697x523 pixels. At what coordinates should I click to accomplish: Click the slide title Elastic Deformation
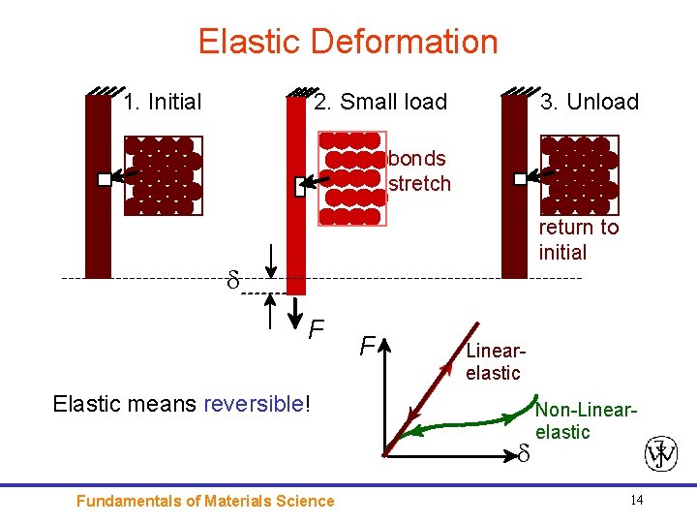[348, 42]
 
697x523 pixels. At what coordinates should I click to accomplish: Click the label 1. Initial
[163, 102]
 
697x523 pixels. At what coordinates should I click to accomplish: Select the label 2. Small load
[379, 102]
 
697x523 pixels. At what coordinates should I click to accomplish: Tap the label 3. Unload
[590, 102]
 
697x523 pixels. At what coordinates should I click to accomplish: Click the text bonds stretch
[418, 170]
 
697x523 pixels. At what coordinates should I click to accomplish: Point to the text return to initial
[578, 240]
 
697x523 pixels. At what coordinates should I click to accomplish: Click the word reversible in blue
[254, 404]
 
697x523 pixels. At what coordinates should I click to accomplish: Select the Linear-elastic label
[494, 361]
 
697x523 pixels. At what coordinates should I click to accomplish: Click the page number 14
[636, 500]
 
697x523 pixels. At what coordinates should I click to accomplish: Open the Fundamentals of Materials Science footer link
[205, 501]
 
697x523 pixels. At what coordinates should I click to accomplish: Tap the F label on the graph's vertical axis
[367, 346]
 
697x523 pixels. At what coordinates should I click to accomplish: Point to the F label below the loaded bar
[317, 332]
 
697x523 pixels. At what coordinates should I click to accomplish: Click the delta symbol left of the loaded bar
[232, 282]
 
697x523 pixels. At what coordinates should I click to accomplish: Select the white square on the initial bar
[105, 179]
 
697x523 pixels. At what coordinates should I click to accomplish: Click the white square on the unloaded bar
[520, 178]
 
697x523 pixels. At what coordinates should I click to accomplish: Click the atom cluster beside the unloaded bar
[577, 175]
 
